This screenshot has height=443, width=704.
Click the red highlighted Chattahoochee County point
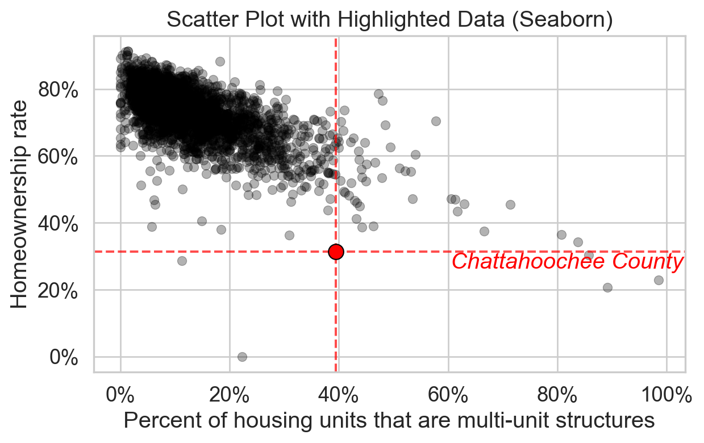click(336, 252)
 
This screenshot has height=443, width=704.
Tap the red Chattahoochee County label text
click(567, 262)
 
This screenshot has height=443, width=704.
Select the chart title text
click(390, 20)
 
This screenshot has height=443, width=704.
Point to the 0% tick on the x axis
click(120, 394)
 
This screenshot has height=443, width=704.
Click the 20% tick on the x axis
click(230, 394)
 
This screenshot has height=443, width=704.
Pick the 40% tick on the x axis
click(339, 394)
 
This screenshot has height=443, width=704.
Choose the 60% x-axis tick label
click(448, 394)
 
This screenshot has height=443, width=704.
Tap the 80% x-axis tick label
click(557, 394)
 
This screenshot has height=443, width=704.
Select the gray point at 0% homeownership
click(242, 357)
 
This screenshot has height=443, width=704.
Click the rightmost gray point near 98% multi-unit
click(659, 280)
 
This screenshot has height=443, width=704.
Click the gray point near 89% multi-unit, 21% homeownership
click(607, 287)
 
